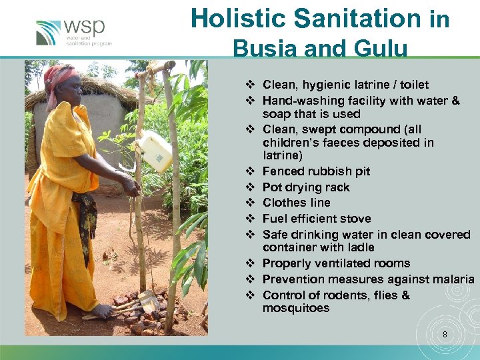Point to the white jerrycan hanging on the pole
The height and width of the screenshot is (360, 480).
coord(155,151)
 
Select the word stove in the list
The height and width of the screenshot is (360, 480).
coord(356,219)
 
